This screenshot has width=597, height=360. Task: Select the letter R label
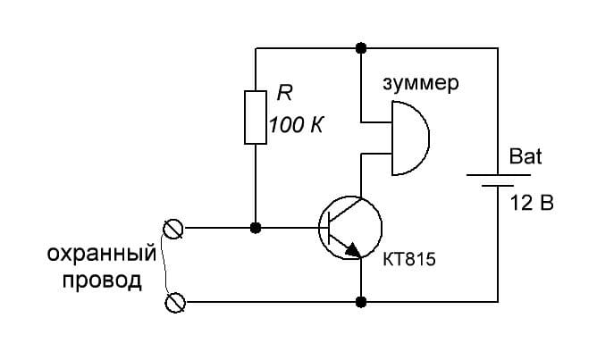pyautogui.click(x=284, y=93)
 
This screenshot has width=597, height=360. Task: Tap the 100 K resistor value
pyautogui.click(x=297, y=124)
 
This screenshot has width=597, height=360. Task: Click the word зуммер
pyautogui.click(x=421, y=83)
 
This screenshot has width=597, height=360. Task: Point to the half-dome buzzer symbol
pyautogui.click(x=429, y=138)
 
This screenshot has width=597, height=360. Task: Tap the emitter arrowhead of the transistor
pyautogui.click(x=353, y=249)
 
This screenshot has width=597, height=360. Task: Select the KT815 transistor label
pyautogui.click(x=409, y=260)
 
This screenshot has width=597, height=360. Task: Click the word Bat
pyautogui.click(x=526, y=156)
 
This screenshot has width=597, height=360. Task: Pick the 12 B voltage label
pyautogui.click(x=532, y=203)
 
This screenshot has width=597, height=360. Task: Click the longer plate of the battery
pyautogui.click(x=499, y=175)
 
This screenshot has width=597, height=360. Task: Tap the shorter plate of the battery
pyautogui.click(x=498, y=185)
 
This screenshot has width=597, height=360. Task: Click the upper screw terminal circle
pyautogui.click(x=172, y=230)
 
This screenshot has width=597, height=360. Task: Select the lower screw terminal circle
pyautogui.click(x=175, y=303)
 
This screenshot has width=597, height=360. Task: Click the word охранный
pyautogui.click(x=102, y=254)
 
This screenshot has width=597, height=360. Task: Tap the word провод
pyautogui.click(x=102, y=280)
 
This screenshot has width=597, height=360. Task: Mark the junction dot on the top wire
pyautogui.click(x=360, y=48)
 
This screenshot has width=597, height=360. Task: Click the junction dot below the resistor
pyautogui.click(x=256, y=228)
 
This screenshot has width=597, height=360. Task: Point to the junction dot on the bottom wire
pyautogui.click(x=360, y=302)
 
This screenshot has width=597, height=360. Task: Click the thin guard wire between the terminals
pyautogui.click(x=164, y=266)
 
